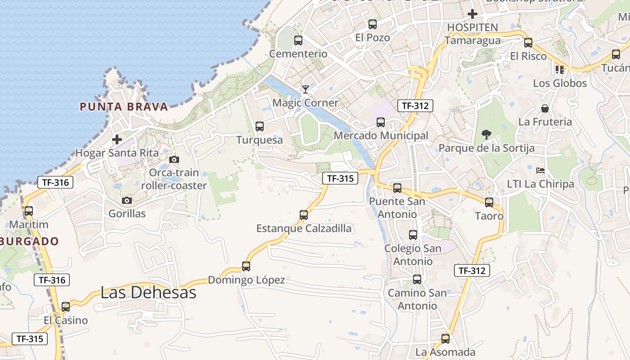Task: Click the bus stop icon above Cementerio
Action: click(298, 40)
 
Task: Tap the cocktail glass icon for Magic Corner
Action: click(306, 89)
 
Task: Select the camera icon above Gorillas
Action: click(127, 200)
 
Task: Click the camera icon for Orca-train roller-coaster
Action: click(174, 159)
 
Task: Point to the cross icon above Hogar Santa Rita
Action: click(117, 139)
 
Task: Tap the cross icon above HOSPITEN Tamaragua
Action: click(472, 14)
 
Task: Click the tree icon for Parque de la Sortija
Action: click(486, 134)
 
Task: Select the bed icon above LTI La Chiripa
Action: click(540, 171)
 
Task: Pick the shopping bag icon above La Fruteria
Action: click(545, 108)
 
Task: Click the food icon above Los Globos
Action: click(560, 69)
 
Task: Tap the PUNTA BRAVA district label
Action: click(124, 107)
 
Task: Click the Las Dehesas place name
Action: click(148, 292)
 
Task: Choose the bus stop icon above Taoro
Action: click(489, 202)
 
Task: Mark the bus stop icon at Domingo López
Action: click(246, 266)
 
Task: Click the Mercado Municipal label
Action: click(381, 135)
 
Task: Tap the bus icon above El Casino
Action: click(66, 307)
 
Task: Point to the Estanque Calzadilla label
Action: click(304, 228)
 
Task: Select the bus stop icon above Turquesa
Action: click(260, 126)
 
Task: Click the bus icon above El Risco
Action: click(528, 43)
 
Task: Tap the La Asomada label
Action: click(445, 352)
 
